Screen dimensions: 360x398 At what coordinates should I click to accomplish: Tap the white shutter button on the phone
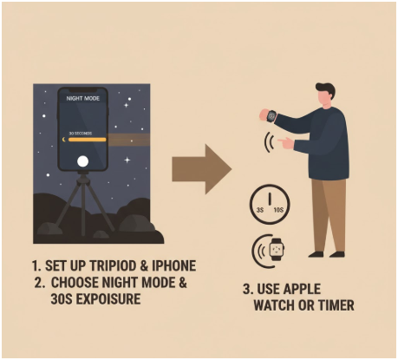coord(82,161)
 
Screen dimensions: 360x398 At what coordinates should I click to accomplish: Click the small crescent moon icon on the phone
coord(67,138)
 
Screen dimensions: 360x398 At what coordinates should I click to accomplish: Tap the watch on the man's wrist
coord(270,114)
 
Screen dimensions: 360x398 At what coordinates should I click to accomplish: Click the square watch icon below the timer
coord(276,251)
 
